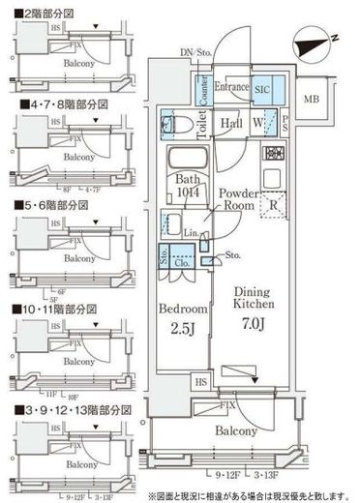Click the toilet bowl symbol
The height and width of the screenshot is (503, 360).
click(182, 124)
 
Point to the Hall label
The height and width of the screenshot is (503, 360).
click(230, 124)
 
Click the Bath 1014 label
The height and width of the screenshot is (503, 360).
click(189, 184)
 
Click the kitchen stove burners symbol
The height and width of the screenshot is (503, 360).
click(274, 152)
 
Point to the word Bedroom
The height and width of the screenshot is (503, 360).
click(184, 310)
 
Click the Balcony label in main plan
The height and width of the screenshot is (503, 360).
click(235, 430)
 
